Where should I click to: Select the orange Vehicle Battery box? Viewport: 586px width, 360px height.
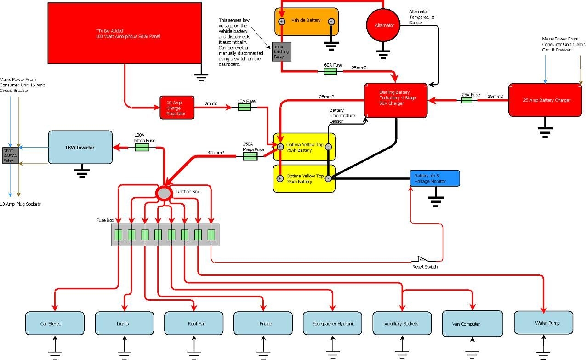click(x=307, y=21)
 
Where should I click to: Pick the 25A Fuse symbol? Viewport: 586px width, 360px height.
click(x=467, y=100)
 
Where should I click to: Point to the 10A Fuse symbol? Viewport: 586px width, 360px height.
click(x=244, y=107)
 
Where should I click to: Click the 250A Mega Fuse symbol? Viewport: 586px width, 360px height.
click(x=250, y=156)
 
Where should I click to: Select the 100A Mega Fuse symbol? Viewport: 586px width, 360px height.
click(x=142, y=147)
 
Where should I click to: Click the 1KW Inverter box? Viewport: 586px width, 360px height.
click(x=80, y=147)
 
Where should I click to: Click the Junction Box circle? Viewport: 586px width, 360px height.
click(x=164, y=193)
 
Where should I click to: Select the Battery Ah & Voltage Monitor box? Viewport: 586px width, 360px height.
click(x=434, y=178)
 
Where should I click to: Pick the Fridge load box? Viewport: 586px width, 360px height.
click(x=263, y=323)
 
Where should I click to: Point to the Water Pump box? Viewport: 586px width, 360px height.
click(x=544, y=322)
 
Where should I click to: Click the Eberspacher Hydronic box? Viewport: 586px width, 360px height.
click(x=333, y=323)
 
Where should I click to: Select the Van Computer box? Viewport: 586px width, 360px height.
click(x=472, y=323)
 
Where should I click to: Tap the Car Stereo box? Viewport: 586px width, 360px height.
click(x=55, y=323)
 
